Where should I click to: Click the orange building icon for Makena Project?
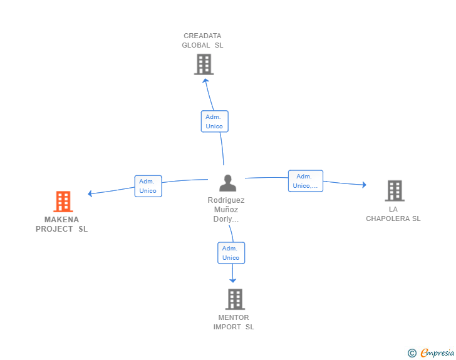pos(63,201)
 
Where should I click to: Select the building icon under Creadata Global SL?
pos(204,64)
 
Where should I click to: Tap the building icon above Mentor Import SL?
pos(235,299)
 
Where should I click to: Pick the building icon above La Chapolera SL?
pos(395,191)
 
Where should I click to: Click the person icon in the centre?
pos(228,183)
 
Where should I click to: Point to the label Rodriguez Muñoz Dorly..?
pos(226,209)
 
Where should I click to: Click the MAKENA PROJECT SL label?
pos(61,224)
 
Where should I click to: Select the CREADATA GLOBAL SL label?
pos(202,41)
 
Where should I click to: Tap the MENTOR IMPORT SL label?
pos(234,322)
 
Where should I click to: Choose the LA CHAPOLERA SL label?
pos(393,213)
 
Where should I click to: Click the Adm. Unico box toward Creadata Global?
pos(215,121)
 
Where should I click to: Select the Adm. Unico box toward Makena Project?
pos(148,186)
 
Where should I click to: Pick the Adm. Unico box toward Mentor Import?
pos(231,253)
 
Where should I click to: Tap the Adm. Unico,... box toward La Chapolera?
pos(306,181)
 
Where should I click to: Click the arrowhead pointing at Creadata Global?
pos(205,81)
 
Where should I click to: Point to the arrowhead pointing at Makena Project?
pos(90,193)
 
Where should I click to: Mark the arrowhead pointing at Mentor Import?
pos(232,280)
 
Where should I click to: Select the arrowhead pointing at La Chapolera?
pos(364,185)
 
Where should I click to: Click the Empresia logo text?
pos(437,352)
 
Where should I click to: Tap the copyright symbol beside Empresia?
pos(412,353)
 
